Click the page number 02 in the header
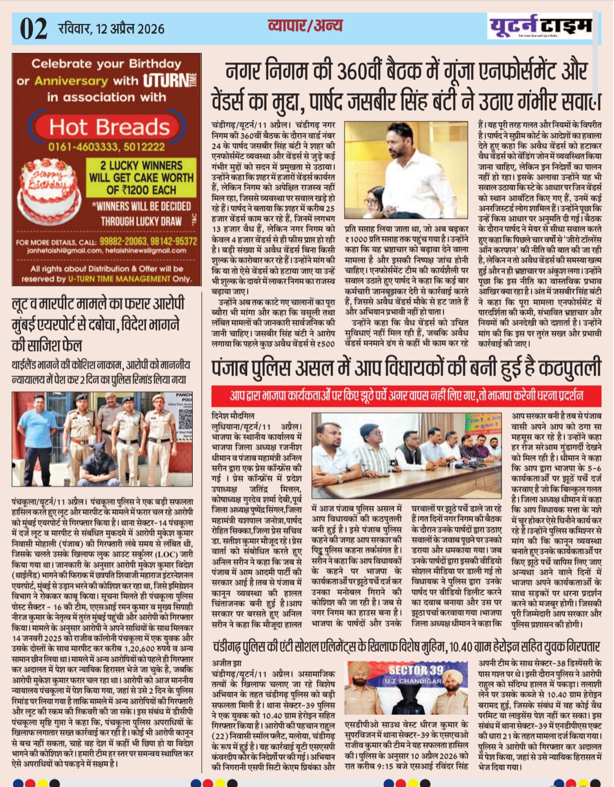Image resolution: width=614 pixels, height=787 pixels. [x=34, y=28]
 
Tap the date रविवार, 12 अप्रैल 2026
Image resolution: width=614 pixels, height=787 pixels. [x=111, y=28]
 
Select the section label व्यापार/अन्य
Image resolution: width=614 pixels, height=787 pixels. [x=305, y=26]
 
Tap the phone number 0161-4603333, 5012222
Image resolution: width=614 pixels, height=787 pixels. [x=107, y=147]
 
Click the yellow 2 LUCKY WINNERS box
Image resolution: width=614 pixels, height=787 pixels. [x=141, y=177]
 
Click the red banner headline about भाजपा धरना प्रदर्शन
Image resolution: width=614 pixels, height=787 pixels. [x=406, y=395]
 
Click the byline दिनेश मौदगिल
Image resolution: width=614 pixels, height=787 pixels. [x=233, y=415]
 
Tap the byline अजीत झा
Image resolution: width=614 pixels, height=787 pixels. [x=226, y=663]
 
